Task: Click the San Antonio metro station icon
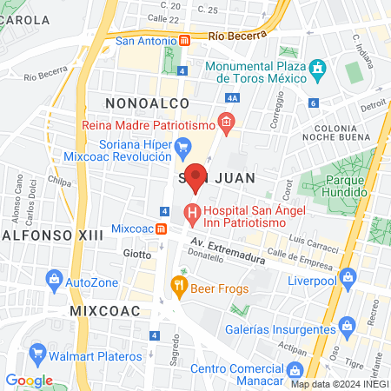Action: [185, 41]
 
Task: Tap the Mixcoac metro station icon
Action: [162, 229]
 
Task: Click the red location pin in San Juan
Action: [196, 176]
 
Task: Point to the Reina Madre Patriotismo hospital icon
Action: [226, 123]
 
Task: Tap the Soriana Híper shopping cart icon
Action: [182, 146]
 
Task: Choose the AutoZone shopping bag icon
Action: [54, 281]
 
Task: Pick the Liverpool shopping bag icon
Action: [348, 278]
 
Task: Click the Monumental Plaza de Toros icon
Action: [318, 67]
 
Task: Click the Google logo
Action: [29, 381]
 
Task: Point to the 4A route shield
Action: [230, 99]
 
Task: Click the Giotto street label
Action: [136, 254]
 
